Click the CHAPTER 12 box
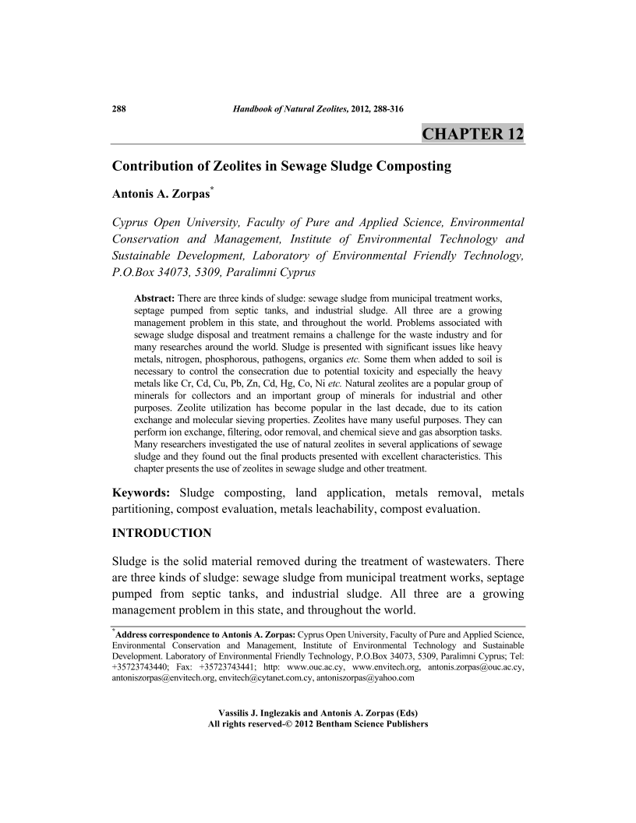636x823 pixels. point(472,133)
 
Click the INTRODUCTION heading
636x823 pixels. point(162,533)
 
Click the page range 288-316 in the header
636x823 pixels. point(382,108)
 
